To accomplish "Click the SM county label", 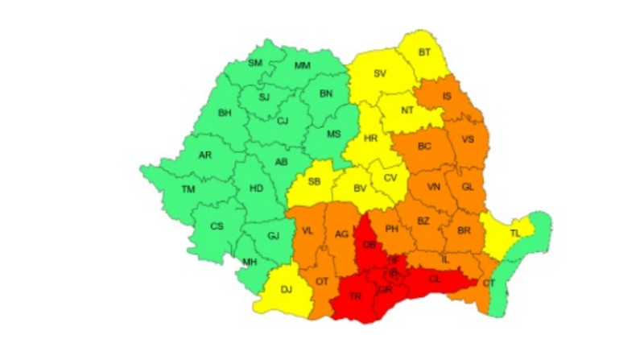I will point(255,63).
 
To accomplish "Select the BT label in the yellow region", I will point(424,53).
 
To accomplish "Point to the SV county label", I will point(380,75).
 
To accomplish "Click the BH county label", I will point(225,114).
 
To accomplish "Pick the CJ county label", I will point(282,122).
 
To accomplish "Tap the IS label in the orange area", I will point(447,97).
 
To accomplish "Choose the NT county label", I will point(407,110).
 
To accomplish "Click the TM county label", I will point(188,189).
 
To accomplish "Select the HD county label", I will point(256,188).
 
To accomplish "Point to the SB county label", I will point(314,182).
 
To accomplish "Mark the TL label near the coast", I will point(515,233).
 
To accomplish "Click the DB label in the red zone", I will point(369,246).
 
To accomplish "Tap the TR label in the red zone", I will point(355,296).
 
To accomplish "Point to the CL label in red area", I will point(434,279).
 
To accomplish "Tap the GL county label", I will point(467,187).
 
